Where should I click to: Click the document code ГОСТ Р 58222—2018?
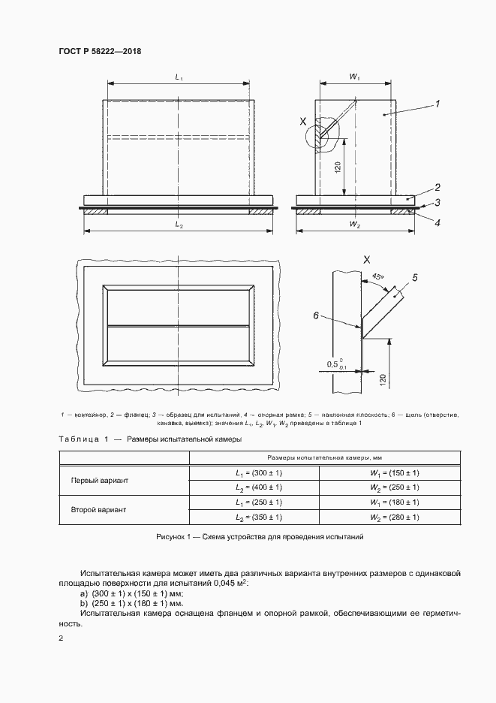tap(100, 51)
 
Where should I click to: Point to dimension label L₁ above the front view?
tap(179, 77)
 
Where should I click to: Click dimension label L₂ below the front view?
tap(179, 224)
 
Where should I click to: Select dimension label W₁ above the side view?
tap(355, 77)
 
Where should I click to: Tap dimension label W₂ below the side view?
tap(354, 224)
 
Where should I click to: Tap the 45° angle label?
tap(375, 276)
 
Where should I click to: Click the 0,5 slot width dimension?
tap(336, 365)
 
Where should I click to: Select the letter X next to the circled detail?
tap(303, 121)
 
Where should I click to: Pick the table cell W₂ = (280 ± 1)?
tap(394, 517)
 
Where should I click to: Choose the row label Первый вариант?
tap(99, 480)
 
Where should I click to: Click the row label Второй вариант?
tap(99, 510)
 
